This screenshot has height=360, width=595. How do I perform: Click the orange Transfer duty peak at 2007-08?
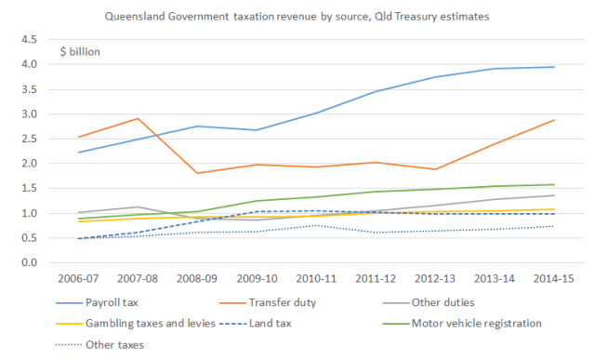138,118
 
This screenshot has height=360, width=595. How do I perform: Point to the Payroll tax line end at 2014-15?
555,67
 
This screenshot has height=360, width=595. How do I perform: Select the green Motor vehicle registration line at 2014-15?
555,184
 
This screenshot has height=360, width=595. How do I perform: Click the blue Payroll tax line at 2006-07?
83,152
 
